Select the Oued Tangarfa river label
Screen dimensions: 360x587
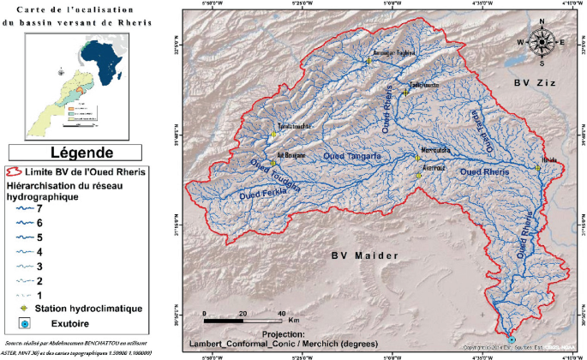(352, 155)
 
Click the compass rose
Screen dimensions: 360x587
(541, 40)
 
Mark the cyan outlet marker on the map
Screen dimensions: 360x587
(512, 340)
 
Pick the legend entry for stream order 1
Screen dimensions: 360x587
(27, 294)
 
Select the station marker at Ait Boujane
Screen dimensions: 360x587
(273, 162)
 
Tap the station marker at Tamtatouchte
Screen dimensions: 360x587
(273, 135)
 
